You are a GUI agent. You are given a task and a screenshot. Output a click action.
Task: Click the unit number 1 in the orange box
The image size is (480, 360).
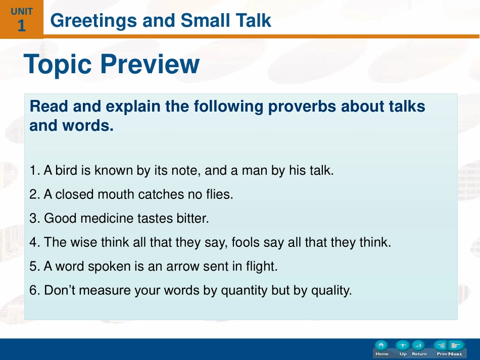(x=21, y=26)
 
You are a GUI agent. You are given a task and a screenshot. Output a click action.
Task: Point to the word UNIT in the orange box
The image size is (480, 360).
(x=22, y=12)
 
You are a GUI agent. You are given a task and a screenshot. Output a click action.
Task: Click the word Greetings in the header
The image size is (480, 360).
(x=93, y=21)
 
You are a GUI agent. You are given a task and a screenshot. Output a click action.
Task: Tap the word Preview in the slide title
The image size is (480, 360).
(x=150, y=64)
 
